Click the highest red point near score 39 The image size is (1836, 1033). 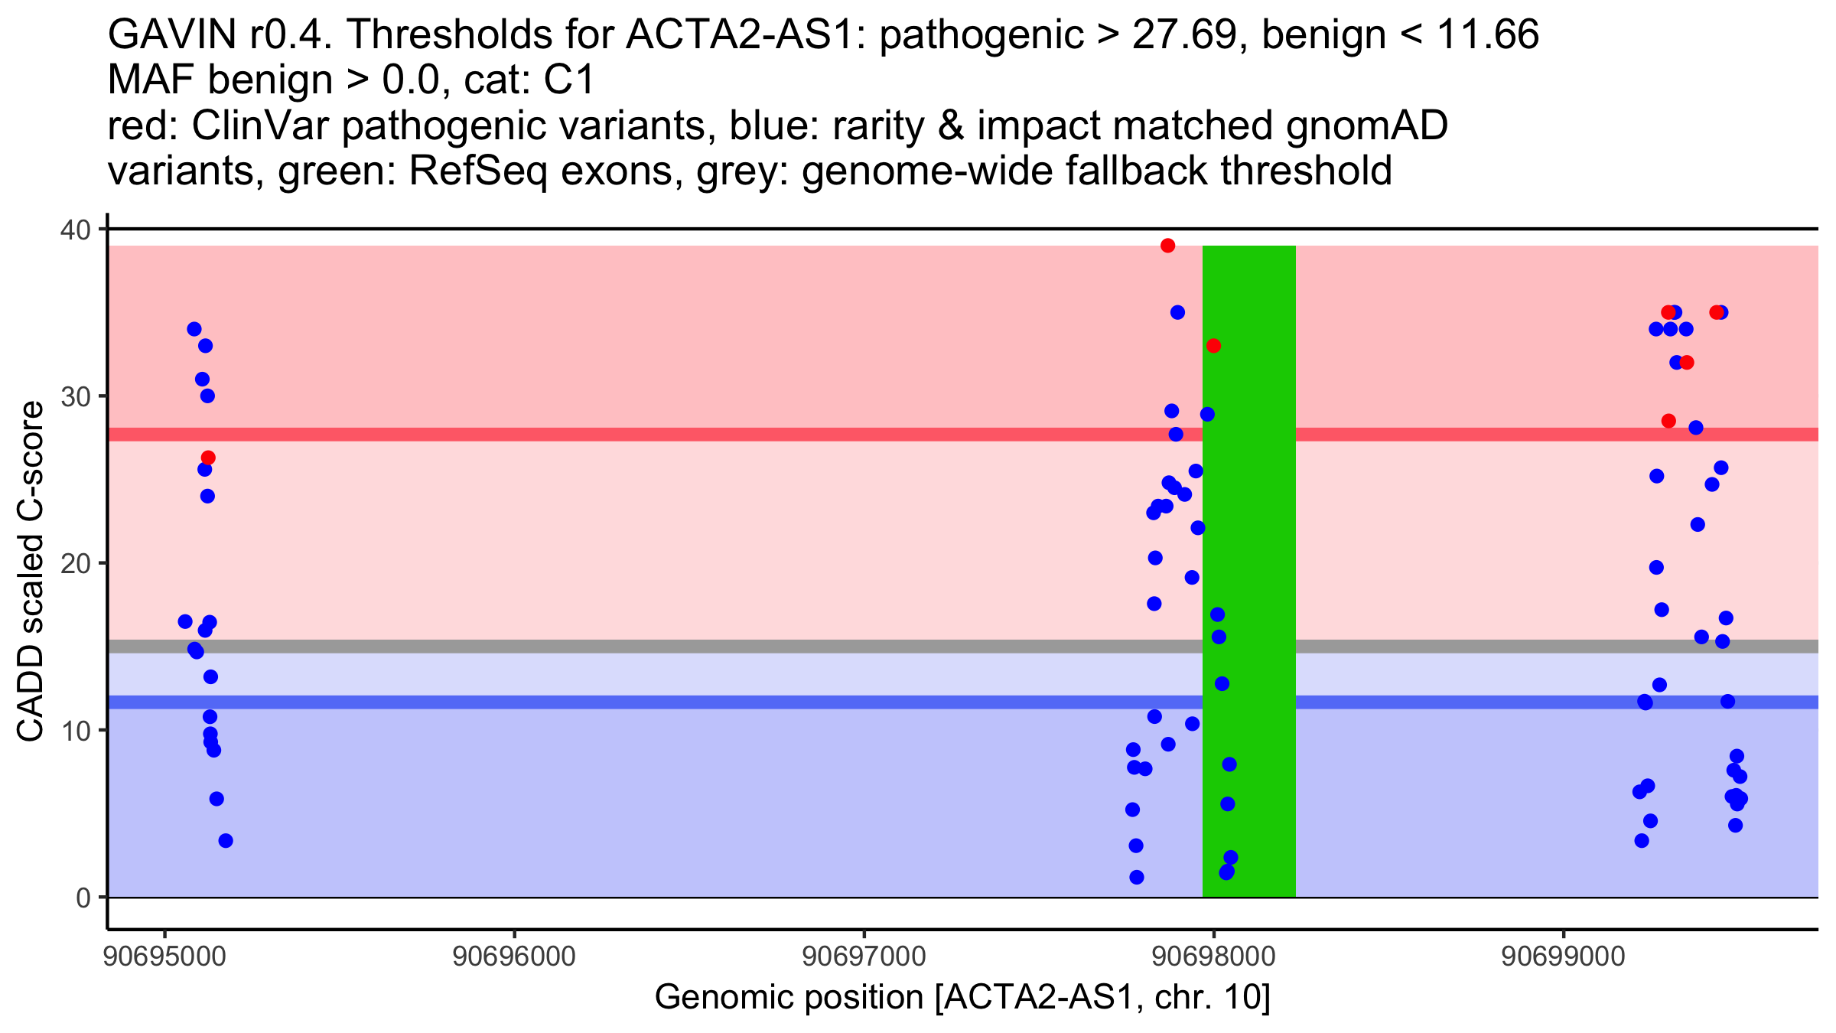coord(1167,246)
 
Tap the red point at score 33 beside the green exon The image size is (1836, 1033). coord(1213,346)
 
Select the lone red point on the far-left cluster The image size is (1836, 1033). coord(208,458)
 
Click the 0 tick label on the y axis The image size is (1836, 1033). coord(83,898)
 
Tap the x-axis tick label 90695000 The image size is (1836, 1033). coord(164,956)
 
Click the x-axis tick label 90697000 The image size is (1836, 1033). coord(864,956)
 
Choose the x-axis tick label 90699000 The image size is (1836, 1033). coord(1563,956)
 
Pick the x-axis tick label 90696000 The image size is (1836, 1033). coord(514,956)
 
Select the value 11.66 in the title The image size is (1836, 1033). coord(1488,35)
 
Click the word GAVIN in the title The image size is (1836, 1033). coord(173,35)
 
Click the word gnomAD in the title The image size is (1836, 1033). coord(1366,126)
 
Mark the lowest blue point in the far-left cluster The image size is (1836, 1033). coord(226,841)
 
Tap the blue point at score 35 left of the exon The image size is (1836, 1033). coord(1177,312)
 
